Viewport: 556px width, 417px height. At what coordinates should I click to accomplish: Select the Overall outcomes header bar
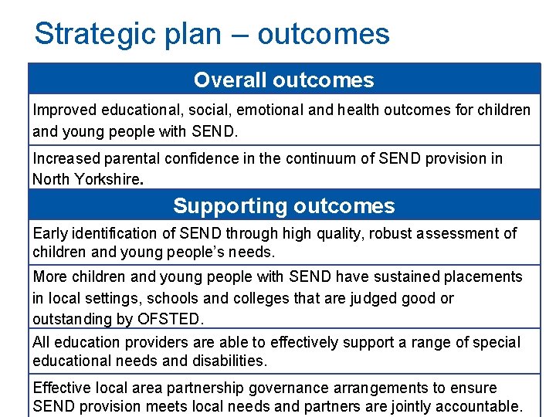[284, 80]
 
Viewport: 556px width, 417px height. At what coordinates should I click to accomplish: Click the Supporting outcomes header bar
[284, 206]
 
